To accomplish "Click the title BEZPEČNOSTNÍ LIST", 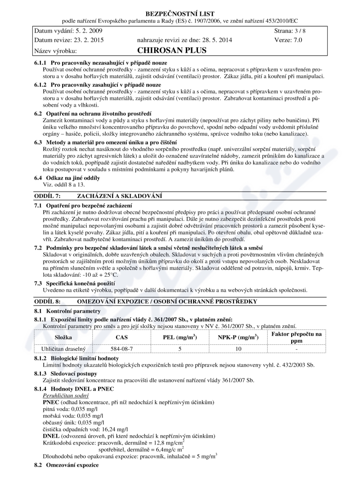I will click(180, 14).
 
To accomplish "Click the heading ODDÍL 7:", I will click(48, 196).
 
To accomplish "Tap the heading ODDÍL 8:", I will click(48, 301).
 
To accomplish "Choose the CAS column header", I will click(121, 337).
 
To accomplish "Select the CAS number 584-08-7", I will click(121, 348).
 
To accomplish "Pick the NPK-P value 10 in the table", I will click(238, 348).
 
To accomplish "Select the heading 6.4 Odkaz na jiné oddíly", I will click(67, 178).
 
